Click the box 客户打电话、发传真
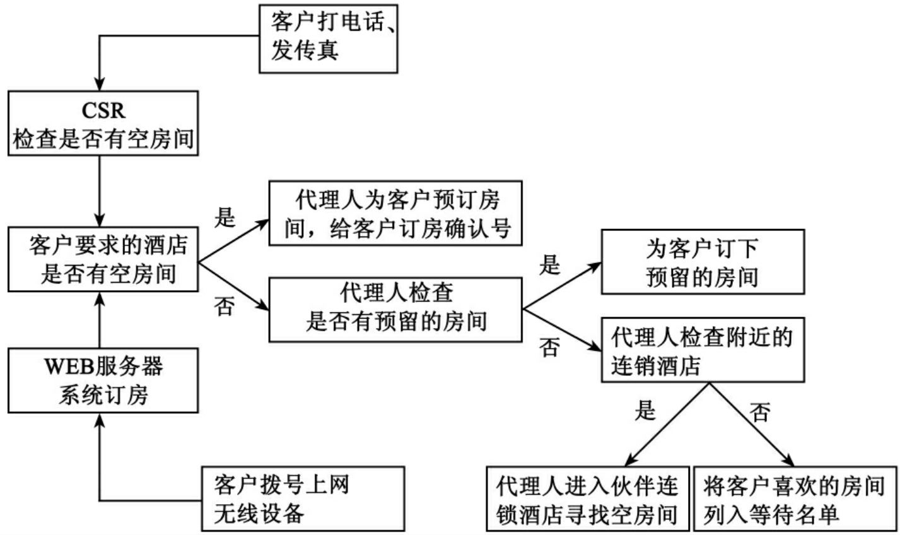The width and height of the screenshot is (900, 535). tap(329, 39)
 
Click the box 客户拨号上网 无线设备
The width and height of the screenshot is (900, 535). tap(302, 497)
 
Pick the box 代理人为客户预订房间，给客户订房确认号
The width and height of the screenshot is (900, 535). tap(397, 214)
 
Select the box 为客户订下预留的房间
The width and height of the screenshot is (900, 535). tap(702, 261)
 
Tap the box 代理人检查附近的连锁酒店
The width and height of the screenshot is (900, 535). tap(702, 351)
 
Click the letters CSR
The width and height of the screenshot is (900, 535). tap(103, 110)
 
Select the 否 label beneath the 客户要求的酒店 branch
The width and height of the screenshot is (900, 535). tap(225, 308)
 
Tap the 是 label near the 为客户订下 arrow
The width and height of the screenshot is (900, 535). tap(549, 266)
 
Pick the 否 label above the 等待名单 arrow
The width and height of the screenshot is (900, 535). tap(761, 413)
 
